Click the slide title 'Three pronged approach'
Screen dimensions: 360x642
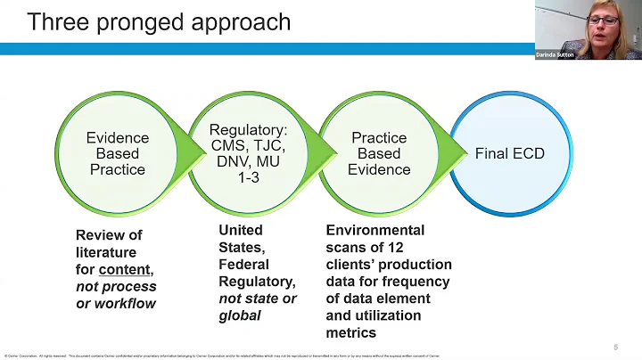(159, 21)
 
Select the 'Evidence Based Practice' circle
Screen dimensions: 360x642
(116, 153)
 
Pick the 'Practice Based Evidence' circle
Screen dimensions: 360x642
(380, 153)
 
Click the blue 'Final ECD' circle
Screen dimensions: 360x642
(509, 153)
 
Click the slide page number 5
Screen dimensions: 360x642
(615, 347)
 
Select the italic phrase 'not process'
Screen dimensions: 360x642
(116, 286)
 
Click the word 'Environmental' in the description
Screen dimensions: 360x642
(375, 230)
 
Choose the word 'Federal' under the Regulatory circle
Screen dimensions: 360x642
(243, 264)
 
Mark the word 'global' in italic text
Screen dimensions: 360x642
(239, 315)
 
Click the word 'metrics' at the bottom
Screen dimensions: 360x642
(351, 332)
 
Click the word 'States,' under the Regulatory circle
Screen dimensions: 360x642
(241, 247)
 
